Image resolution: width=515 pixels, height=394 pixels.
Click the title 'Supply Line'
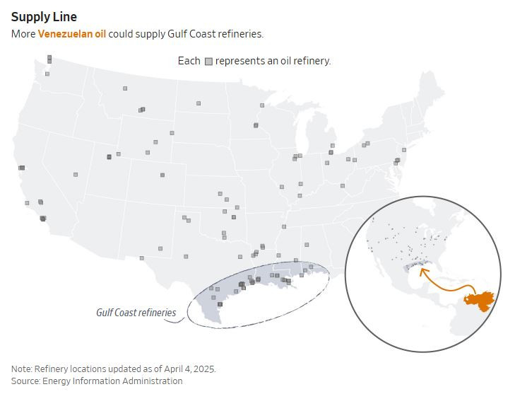click(x=45, y=16)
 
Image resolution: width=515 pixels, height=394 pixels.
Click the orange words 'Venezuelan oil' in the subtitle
click(x=71, y=34)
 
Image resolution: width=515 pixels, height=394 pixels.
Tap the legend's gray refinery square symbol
click(x=208, y=62)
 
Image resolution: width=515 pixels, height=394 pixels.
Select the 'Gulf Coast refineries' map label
click(x=136, y=312)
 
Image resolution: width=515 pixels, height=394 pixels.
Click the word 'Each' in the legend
click(x=189, y=61)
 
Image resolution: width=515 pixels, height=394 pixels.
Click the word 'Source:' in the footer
click(x=26, y=381)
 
